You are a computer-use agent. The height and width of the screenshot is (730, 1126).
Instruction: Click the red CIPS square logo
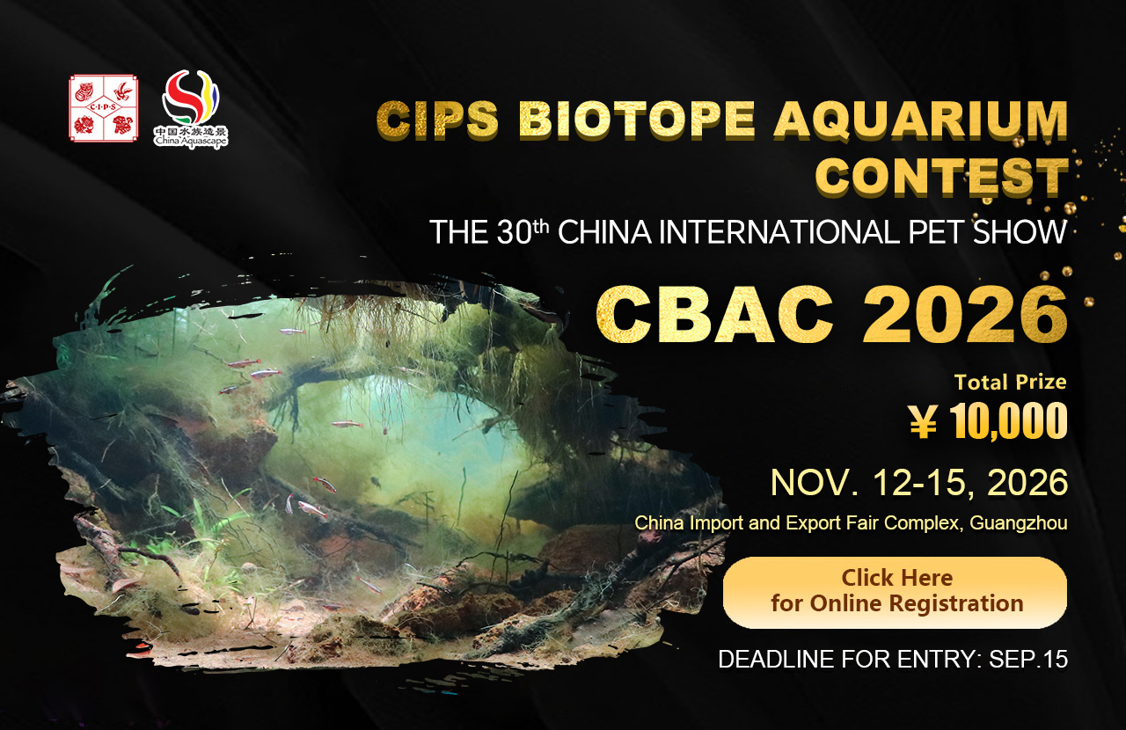click(x=104, y=108)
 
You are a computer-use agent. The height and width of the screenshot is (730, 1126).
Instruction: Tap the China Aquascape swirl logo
click(x=191, y=108)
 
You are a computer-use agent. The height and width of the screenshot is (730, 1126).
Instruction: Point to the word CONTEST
click(x=941, y=176)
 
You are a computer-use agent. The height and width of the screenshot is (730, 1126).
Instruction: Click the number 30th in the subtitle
click(x=523, y=232)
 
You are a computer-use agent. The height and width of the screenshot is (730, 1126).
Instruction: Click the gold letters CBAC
click(x=713, y=314)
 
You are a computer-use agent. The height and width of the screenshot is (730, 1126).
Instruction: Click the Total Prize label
click(x=1011, y=382)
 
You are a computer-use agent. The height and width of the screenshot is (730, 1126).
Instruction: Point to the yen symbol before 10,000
click(x=924, y=422)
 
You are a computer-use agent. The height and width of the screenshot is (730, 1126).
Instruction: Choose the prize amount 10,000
click(x=1008, y=420)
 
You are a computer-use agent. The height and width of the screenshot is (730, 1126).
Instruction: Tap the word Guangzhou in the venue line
click(x=1019, y=523)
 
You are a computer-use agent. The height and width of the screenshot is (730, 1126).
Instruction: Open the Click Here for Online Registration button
click(x=895, y=592)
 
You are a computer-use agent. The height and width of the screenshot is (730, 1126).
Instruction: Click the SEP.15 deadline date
click(x=1028, y=659)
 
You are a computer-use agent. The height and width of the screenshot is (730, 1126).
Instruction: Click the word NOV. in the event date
click(x=815, y=483)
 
